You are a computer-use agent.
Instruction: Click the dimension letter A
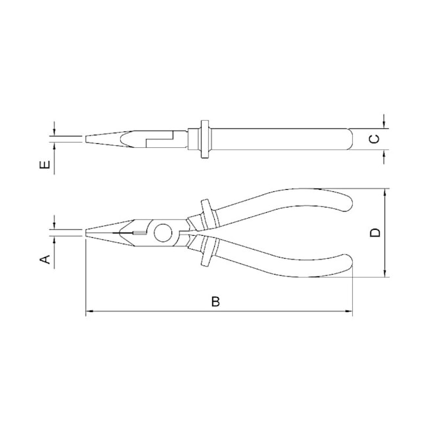tap(45, 259)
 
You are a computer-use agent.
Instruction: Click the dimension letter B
tap(215, 302)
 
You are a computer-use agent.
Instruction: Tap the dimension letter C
tap(374, 139)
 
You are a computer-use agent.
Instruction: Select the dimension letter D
tap(375, 233)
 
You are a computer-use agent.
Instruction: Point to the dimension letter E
tap(45, 164)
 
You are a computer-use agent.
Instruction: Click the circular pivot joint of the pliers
tap(163, 233)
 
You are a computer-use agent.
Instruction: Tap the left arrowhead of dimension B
tap(89, 311)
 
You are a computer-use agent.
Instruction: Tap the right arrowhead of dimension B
tap(349, 311)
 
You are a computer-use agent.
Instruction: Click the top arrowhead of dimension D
tap(385, 192)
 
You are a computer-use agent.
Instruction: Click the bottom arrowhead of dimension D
tap(385, 273)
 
